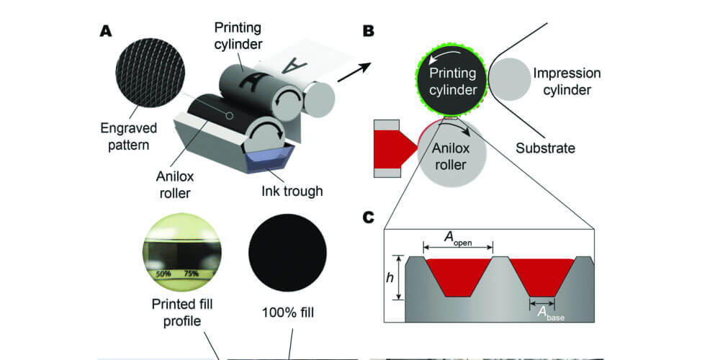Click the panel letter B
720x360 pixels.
368,32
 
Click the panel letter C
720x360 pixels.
369,216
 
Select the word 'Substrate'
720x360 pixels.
545,148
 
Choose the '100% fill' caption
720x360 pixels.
287,313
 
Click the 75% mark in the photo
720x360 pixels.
190,274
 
